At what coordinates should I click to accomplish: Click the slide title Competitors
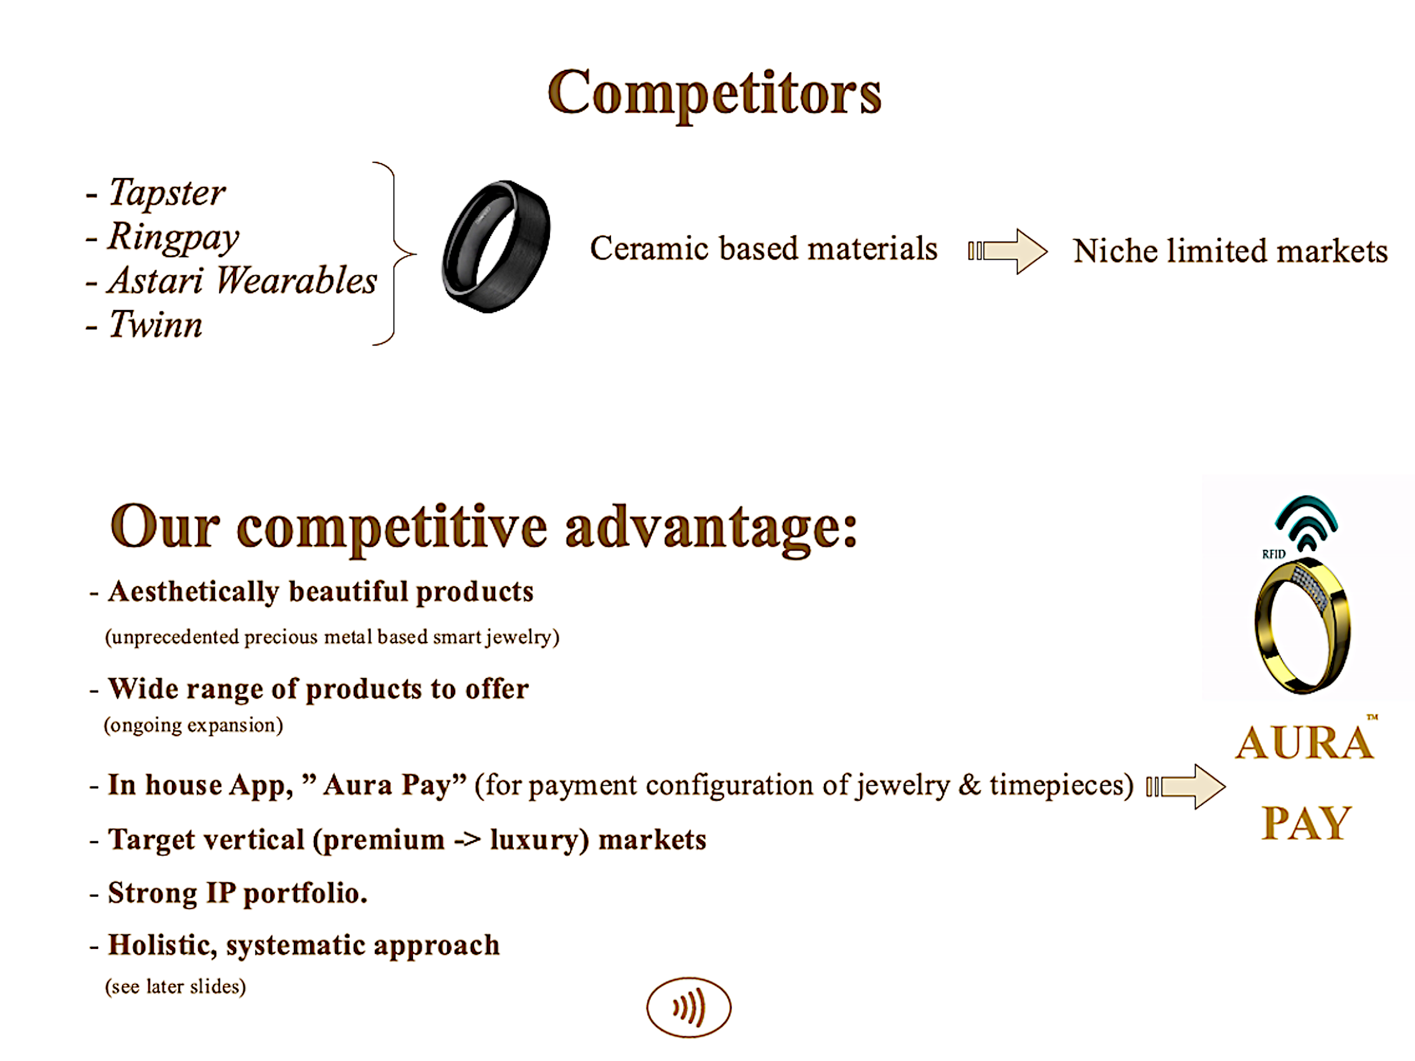pyautogui.click(x=714, y=95)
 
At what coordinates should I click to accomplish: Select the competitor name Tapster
pyautogui.click(x=167, y=192)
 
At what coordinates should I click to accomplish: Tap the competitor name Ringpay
pyautogui.click(x=173, y=237)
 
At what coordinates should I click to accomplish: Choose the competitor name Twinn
pyautogui.click(x=156, y=324)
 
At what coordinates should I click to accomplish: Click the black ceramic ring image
pyautogui.click(x=496, y=247)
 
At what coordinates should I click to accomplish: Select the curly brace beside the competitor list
pyautogui.click(x=394, y=254)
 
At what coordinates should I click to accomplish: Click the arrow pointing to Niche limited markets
pyautogui.click(x=1008, y=252)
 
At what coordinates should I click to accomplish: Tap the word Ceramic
pyautogui.click(x=650, y=248)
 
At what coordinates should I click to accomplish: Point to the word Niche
pyautogui.click(x=1115, y=251)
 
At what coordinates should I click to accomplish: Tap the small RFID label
pyautogui.click(x=1274, y=555)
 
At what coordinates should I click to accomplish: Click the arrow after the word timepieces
pyautogui.click(x=1186, y=786)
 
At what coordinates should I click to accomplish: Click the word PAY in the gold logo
pyautogui.click(x=1306, y=823)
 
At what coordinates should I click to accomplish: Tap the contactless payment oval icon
pyautogui.click(x=688, y=1007)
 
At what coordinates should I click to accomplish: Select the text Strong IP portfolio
pyautogui.click(x=238, y=894)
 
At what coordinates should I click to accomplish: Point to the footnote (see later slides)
pyautogui.click(x=175, y=987)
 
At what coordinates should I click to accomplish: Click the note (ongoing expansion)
pyautogui.click(x=193, y=725)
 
